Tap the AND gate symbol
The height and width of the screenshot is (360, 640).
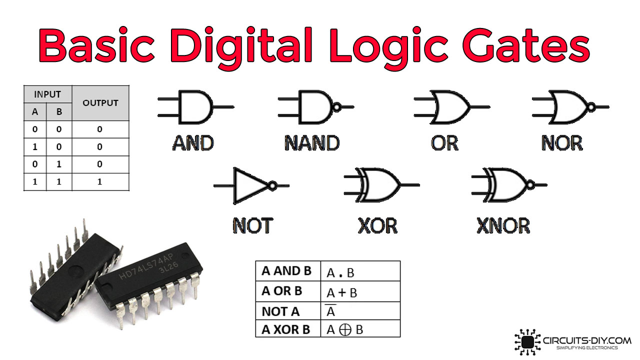coord(196,107)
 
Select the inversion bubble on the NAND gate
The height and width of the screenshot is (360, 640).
coord(337,107)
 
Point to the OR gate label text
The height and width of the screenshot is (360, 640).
coord(444,143)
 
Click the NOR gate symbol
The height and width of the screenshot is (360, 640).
coord(570,107)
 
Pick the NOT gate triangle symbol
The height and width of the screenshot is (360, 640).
coord(251,185)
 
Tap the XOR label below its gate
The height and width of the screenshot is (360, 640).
coord(377,225)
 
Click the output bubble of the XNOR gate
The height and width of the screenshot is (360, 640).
coord(530,185)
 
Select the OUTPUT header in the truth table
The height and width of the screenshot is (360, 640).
coord(100,103)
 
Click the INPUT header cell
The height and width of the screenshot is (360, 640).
coord(47,94)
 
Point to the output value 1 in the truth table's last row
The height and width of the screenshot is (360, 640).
coord(99,181)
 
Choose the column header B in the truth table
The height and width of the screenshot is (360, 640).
coord(59,111)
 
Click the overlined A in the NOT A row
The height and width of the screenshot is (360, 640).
coord(330,310)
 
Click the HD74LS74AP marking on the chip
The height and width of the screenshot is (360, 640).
coord(146,266)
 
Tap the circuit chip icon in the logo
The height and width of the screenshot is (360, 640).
coord(527,342)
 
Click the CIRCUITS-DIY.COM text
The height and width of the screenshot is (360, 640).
coord(587,340)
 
